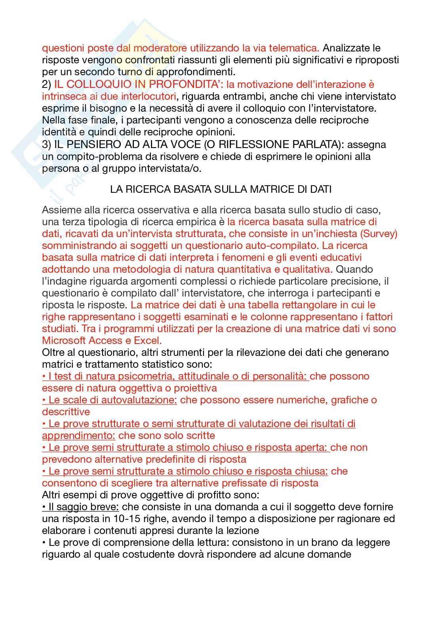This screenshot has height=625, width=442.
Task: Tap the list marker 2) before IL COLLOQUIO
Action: (x=47, y=84)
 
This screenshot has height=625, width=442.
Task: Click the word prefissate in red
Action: (x=249, y=483)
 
